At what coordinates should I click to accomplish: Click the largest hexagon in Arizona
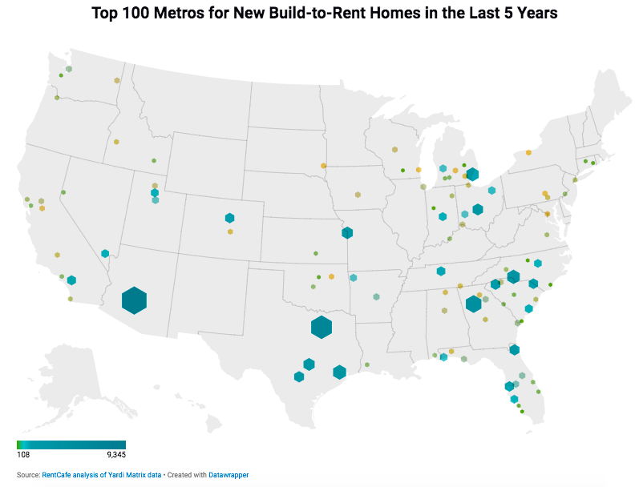tap(134, 300)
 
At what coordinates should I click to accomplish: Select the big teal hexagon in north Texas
tap(321, 327)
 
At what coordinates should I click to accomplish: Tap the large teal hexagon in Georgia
tap(473, 304)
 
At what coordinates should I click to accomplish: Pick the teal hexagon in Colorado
tap(229, 217)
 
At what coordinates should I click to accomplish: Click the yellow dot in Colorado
tap(230, 231)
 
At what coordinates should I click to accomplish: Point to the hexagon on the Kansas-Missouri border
tap(347, 233)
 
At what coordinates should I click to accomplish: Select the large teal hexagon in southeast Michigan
tap(472, 174)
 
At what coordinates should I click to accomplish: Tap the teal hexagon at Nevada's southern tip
tap(105, 254)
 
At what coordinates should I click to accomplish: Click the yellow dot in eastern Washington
tap(117, 81)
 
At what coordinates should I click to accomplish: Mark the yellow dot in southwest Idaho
tap(116, 142)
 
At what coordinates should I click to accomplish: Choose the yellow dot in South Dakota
tap(324, 166)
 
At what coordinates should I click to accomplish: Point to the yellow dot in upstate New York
tap(528, 152)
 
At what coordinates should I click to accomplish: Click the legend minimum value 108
tap(23, 454)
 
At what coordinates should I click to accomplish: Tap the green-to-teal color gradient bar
tap(71, 445)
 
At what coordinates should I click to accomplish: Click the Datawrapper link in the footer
tap(230, 475)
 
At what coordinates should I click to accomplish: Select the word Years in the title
tap(526, 14)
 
